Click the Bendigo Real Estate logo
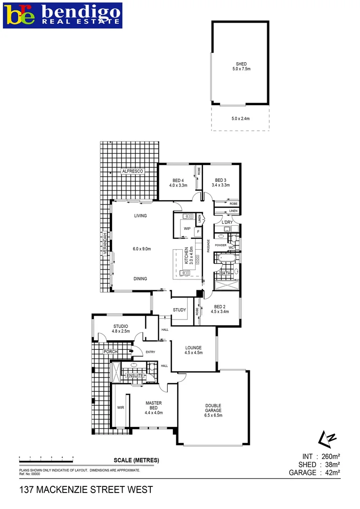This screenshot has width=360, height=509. (x=63, y=15)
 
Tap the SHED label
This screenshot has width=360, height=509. (x=241, y=64)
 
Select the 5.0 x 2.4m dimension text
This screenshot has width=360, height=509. (x=241, y=118)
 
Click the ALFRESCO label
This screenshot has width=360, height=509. (x=132, y=171)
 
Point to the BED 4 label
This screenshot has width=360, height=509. (x=178, y=180)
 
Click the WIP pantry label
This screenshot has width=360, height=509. (x=187, y=229)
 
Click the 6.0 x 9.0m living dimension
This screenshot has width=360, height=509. (x=141, y=249)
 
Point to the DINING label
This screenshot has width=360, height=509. (x=140, y=279)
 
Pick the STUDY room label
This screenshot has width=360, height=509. (x=180, y=310)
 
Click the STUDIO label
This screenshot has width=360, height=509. (x=121, y=326)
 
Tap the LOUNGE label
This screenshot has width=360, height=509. (x=193, y=347)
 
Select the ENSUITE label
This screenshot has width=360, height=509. (x=134, y=376)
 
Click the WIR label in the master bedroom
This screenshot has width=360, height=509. (x=120, y=408)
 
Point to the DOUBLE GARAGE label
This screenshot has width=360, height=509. (x=213, y=408)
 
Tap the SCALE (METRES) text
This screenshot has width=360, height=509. (x=136, y=460)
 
